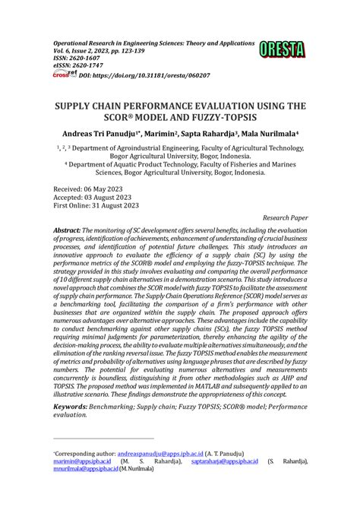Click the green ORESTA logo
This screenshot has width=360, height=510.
281,51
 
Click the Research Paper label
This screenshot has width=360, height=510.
280,216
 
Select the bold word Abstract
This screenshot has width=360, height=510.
71,230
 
